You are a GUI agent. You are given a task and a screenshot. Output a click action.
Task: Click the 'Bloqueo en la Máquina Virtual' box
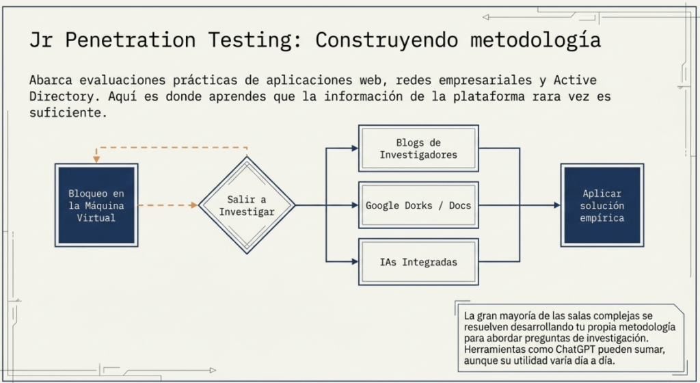96,205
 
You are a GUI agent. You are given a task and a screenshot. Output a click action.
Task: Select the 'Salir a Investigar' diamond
247,205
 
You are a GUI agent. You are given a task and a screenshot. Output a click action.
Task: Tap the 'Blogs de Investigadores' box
418,148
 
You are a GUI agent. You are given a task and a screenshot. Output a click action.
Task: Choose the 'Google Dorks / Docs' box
418,205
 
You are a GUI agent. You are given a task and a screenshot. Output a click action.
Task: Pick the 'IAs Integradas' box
418,262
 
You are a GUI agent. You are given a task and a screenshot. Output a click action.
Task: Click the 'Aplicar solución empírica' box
602,205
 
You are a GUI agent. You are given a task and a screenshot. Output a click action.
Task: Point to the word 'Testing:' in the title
256,40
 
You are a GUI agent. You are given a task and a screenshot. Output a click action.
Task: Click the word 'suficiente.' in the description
68,112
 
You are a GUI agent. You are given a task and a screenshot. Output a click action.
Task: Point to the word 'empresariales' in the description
486,80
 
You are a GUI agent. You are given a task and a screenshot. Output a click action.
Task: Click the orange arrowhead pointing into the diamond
194,205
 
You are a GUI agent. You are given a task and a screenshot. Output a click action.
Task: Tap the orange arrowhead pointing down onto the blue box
96,159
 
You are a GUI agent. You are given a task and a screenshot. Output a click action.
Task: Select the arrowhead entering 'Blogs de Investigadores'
355,148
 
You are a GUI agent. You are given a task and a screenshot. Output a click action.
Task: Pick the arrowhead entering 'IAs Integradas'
355,262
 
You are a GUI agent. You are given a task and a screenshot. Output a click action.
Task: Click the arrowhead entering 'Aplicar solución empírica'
557,205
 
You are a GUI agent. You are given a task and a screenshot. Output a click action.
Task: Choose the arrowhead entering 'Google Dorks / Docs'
355,205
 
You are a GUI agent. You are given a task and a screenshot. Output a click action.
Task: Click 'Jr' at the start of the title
40,40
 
